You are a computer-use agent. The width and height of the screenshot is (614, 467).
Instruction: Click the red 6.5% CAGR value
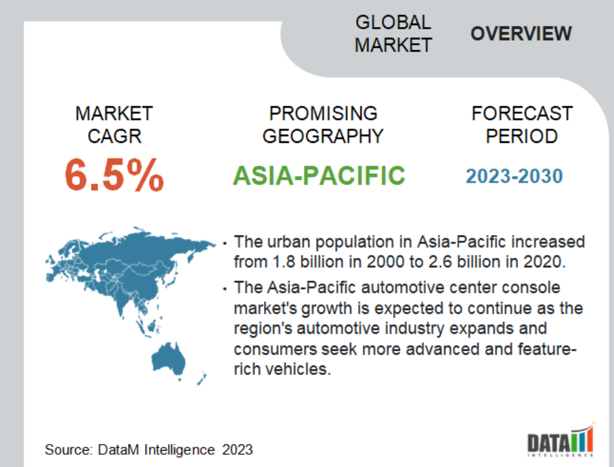coord(114,175)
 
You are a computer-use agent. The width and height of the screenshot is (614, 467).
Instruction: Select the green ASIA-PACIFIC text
coord(319,175)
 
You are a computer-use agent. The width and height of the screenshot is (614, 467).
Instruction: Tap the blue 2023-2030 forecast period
coord(514,176)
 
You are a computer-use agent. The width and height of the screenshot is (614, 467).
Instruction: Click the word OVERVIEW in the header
coord(521,34)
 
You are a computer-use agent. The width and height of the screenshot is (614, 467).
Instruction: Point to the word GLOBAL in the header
coord(393,22)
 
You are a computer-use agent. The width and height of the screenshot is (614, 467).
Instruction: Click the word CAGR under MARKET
coord(114,136)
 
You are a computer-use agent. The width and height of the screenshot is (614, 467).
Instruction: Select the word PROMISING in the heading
coord(323,114)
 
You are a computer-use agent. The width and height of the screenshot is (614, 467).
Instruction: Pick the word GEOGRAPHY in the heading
coord(323,136)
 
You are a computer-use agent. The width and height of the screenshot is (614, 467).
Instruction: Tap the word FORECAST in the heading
coord(522,114)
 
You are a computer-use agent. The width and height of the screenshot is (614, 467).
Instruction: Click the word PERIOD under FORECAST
coord(521,136)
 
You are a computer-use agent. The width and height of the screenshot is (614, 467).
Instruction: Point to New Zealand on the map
coord(202,378)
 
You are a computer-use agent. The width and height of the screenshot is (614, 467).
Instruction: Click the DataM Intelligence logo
coord(561,440)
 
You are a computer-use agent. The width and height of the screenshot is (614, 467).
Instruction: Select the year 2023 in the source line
coord(238,450)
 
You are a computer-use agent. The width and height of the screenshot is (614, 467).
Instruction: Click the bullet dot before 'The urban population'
coord(225,244)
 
